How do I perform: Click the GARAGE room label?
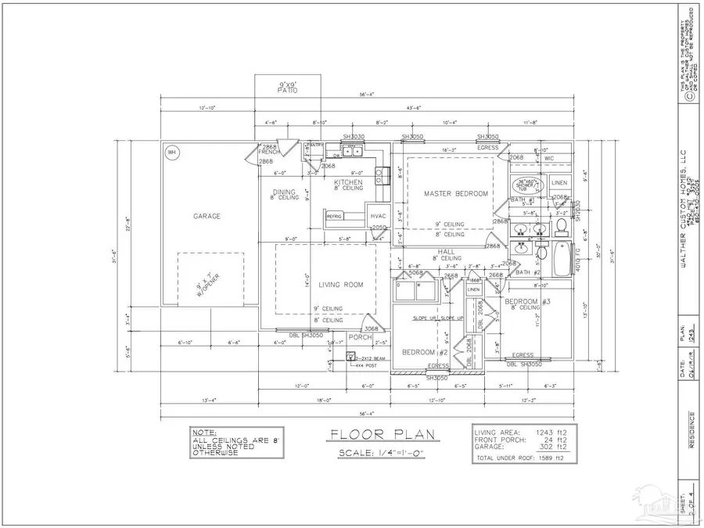tap(207, 216)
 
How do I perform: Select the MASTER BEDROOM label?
tap(456, 193)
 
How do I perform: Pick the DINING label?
tap(283, 192)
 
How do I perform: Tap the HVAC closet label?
tap(379, 216)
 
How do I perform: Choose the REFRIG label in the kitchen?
tap(335, 216)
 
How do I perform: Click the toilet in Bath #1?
tap(561, 228)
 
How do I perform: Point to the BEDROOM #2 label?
tap(418, 352)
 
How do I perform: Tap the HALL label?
tap(447, 250)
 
